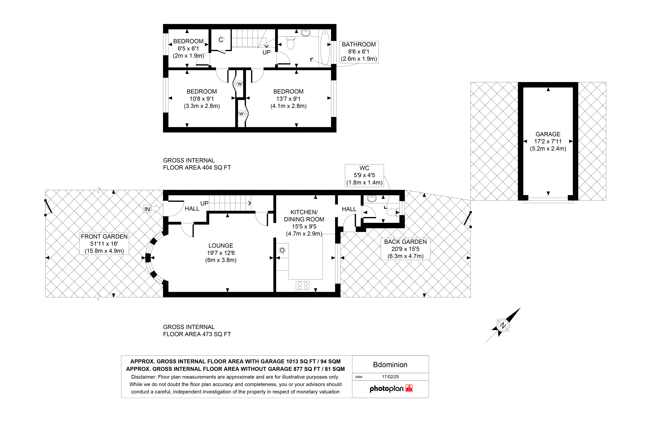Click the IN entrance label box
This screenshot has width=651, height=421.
click(x=147, y=209)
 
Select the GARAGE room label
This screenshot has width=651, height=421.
click(x=548, y=134)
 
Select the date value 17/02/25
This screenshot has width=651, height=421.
click(x=391, y=377)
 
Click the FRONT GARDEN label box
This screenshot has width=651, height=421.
click(x=104, y=244)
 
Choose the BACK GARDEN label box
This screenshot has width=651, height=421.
click(x=405, y=249)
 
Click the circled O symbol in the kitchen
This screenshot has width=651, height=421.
click(x=282, y=250)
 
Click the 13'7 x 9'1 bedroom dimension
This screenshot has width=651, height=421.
click(x=288, y=99)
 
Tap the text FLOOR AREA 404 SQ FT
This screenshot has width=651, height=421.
click(x=197, y=168)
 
